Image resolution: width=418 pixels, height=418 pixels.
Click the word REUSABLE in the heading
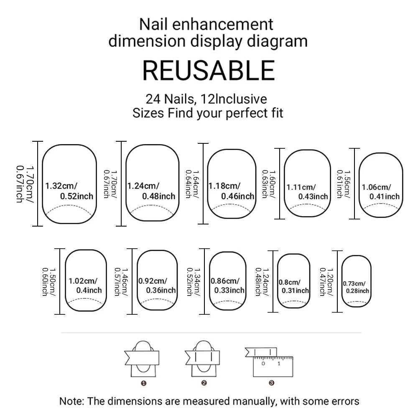click(x=209, y=70)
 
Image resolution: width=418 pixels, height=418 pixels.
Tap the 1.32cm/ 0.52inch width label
click(x=69, y=191)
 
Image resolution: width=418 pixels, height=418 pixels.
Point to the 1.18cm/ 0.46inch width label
click(x=231, y=191)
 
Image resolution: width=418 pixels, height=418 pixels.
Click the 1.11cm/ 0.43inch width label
click(x=307, y=192)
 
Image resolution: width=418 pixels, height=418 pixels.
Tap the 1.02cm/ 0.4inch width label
click(x=85, y=285)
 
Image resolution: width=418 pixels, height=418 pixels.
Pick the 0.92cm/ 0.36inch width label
click(x=157, y=285)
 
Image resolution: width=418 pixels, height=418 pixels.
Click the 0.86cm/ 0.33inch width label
click(x=228, y=285)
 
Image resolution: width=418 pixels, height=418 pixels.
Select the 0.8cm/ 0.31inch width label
click(x=294, y=286)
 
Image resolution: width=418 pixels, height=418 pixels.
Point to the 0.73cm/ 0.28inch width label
click(x=356, y=287)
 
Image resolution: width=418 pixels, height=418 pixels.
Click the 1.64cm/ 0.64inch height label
click(x=191, y=184)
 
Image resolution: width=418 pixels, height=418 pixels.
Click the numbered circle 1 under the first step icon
click(x=143, y=382)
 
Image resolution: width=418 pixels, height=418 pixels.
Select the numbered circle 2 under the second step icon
click(x=204, y=382)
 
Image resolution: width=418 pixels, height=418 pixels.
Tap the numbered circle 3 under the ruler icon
click(x=271, y=382)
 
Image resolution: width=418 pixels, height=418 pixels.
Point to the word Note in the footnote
click(x=72, y=402)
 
